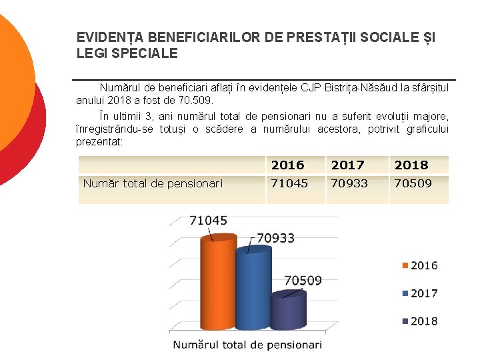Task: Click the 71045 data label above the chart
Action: click(208, 220)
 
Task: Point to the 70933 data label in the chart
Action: click(275, 238)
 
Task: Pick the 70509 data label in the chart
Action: click(303, 281)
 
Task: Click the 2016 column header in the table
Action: click(287, 165)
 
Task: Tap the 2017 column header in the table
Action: click(347, 165)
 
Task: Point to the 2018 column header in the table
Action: click(411, 165)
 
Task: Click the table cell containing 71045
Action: click(289, 183)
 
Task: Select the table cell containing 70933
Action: click(349, 183)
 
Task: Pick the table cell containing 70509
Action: click(413, 183)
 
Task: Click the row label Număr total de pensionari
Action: click(153, 184)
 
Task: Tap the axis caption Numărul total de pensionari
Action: click(247, 345)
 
